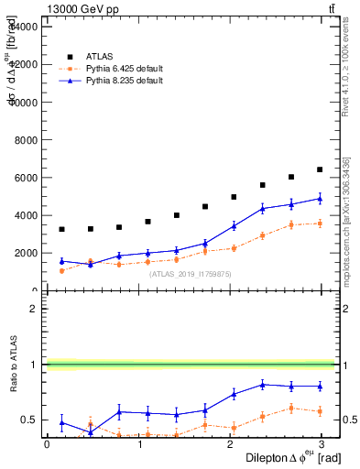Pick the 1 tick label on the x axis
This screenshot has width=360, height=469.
[x=139, y=443]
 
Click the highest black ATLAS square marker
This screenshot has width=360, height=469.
[x=320, y=169]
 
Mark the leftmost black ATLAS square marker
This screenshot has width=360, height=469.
[x=61, y=229]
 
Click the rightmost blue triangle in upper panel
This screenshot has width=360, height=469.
[x=320, y=199]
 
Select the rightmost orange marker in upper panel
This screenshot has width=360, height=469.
[x=320, y=224]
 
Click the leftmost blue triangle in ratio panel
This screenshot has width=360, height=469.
[x=61, y=422]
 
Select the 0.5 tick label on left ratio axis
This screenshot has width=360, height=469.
[x=31, y=420]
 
